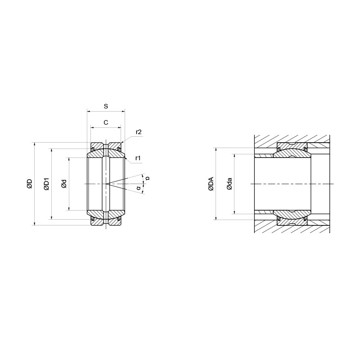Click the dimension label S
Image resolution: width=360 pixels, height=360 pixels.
tap(106, 106)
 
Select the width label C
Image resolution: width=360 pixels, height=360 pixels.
tap(106, 122)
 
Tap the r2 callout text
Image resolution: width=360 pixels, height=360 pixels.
tap(139, 132)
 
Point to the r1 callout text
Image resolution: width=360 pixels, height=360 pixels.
tap(138, 158)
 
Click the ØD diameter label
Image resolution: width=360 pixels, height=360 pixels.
tap(30, 184)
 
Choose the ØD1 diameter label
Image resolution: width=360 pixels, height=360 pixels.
tap(47, 184)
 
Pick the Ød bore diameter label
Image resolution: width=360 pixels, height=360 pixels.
tap(64, 184)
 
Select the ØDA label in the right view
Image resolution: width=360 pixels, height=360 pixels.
tap(211, 184)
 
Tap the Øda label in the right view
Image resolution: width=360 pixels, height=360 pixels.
tap(229, 184)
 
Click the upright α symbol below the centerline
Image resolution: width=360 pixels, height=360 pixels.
tap(138, 188)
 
